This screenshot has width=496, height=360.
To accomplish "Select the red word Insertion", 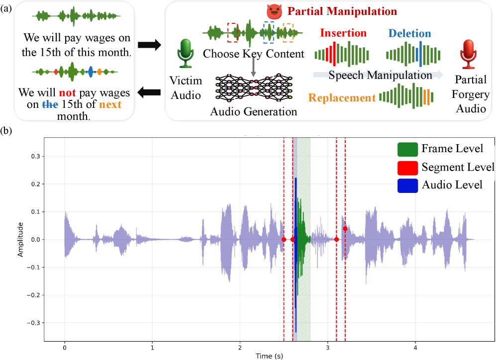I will pyautogui.click(x=343, y=33).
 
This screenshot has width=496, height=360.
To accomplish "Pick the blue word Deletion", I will pyautogui.click(x=410, y=33).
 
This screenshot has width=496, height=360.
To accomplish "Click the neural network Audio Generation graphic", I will pyautogui.click(x=253, y=87).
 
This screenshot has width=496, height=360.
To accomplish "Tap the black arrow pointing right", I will pyautogui.click(x=150, y=45).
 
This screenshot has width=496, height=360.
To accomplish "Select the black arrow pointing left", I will pyautogui.click(x=150, y=91).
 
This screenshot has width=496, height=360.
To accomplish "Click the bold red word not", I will pyautogui.click(x=68, y=92).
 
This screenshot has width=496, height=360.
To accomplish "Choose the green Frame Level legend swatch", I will pyautogui.click(x=407, y=149).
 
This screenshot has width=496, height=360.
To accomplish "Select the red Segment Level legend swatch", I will pyautogui.click(x=407, y=167).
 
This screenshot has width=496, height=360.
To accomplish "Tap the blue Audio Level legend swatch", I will pyautogui.click(x=407, y=185).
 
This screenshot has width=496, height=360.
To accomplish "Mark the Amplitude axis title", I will pyautogui.click(x=20, y=240).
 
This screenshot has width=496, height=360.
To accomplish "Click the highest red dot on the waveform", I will pyautogui.click(x=345, y=229).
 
